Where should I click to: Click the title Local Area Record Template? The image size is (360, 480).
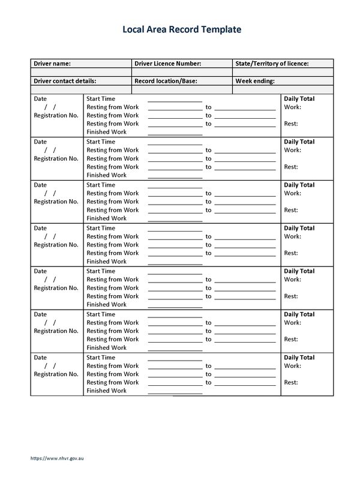point(182,28)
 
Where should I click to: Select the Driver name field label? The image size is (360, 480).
point(52,63)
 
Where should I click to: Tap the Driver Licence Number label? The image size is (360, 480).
point(167,63)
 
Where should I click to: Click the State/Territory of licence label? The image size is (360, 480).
point(272,63)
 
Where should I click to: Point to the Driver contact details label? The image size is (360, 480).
point(65,80)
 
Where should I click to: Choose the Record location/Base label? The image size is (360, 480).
point(166,80)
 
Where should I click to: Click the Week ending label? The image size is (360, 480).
point(255,80)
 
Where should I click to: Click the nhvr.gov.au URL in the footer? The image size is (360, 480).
point(58,459)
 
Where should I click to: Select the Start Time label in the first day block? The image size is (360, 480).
point(101,98)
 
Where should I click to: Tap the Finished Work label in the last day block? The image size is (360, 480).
point(106,391)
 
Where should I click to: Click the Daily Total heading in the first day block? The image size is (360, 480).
point(299,98)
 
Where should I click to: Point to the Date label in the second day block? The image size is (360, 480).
point(40,142)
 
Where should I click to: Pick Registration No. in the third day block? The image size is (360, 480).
point(56,202)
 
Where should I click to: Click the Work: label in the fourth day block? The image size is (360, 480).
point(292,236)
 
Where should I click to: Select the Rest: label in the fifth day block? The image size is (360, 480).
point(291,296)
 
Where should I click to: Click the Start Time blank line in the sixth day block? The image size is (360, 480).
point(175,316)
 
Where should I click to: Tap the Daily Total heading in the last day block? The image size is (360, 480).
point(299,358)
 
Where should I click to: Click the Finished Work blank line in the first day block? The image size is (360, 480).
point(175,134)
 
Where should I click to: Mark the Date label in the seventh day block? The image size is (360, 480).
point(40,358)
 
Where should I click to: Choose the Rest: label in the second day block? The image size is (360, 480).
point(291,167)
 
